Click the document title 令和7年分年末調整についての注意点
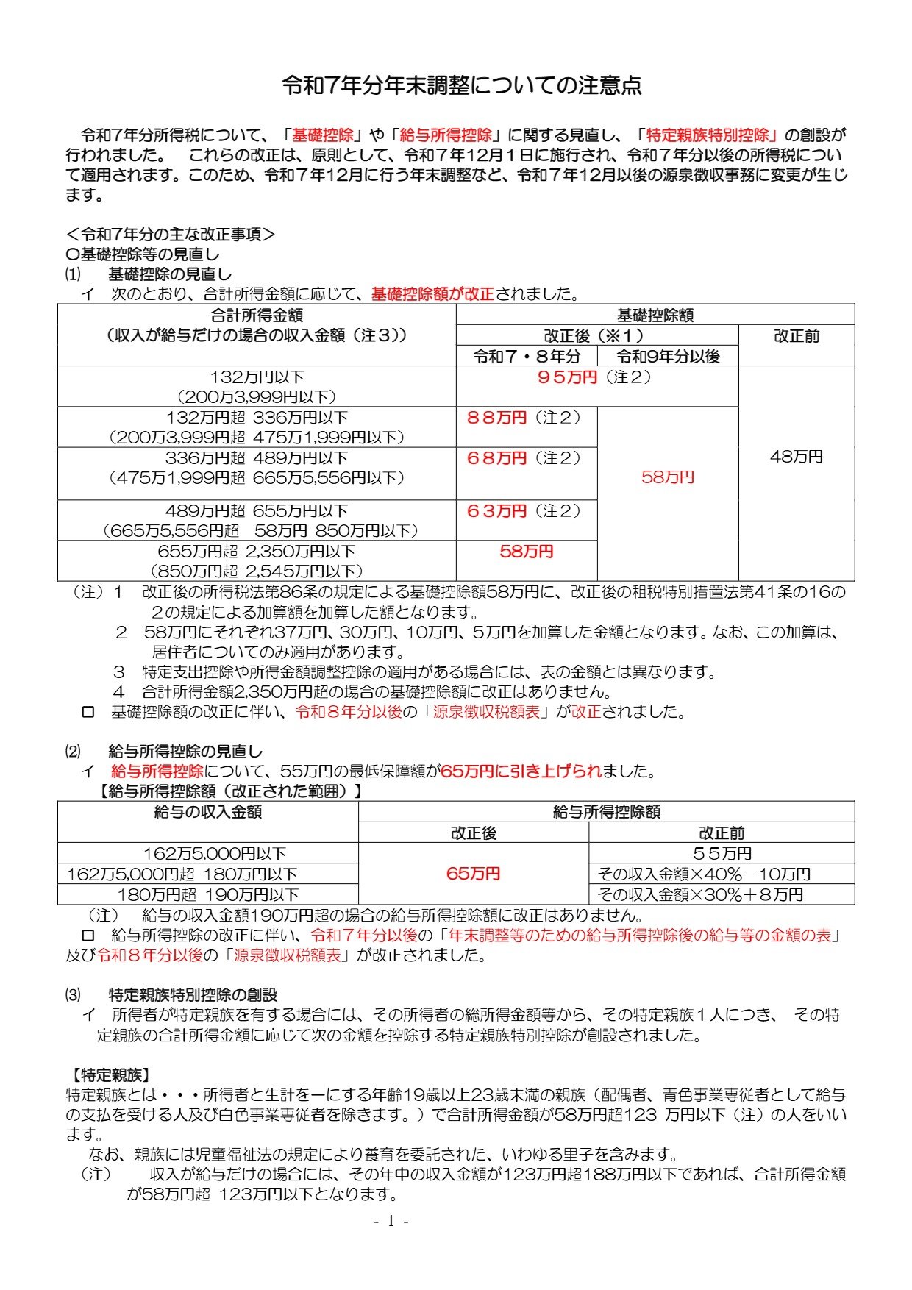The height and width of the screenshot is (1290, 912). (462, 86)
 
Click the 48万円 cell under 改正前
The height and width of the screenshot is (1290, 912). (796, 457)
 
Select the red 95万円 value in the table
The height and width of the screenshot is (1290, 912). (567, 378)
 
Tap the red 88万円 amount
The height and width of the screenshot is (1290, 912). (497, 418)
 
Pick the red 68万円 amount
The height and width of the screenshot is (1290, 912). (497, 458)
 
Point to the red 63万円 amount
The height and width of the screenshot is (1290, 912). (497, 511)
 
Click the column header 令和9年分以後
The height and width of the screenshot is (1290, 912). (667, 357)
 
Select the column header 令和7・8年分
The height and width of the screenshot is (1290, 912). (527, 357)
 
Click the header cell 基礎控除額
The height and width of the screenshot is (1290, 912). (655, 316)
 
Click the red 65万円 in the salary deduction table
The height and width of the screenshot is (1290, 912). (473, 874)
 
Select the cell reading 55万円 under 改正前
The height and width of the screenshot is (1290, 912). (722, 854)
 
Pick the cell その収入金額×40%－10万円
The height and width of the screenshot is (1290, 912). (704, 874)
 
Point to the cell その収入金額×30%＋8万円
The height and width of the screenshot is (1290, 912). (700, 895)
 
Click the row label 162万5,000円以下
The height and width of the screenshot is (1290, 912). (214, 854)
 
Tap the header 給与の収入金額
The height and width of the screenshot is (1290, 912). (208, 812)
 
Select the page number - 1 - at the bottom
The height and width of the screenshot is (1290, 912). (391, 1222)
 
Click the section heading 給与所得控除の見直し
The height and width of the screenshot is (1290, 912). (185, 752)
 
